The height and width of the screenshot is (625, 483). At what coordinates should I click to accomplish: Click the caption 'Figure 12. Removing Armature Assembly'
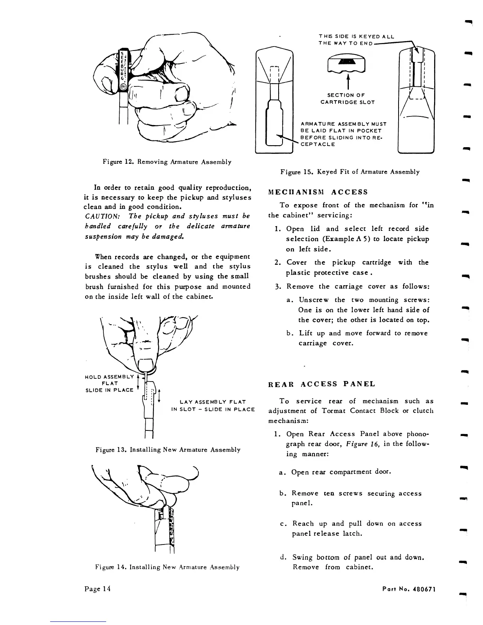167,162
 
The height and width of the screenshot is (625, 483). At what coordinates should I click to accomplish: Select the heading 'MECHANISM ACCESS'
318,192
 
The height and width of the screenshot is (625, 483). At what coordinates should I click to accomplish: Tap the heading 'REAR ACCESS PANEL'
322,384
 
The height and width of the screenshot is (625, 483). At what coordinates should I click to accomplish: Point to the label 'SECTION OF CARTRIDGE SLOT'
347,99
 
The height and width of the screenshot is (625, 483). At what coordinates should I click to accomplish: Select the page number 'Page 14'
97,589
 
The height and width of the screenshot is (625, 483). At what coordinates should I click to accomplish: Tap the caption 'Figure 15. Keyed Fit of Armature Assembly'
350,172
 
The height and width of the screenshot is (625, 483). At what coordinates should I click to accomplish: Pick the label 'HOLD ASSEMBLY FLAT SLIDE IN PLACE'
109,383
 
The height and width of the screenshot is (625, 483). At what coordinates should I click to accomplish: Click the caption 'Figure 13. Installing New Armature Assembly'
168,449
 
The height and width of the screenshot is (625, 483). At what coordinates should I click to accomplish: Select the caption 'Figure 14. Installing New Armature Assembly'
167,567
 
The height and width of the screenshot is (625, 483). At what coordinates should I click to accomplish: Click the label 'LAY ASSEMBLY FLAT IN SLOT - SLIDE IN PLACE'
213,406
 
